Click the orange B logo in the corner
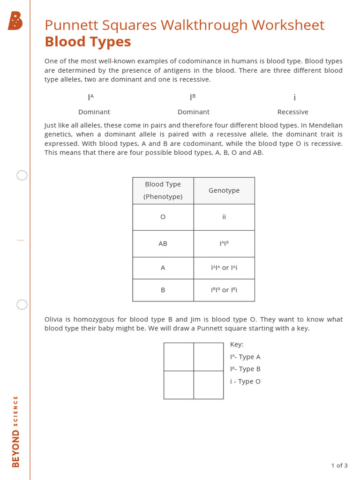pyautogui.click(x=15, y=22)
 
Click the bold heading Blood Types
pyautogui.click(x=88, y=42)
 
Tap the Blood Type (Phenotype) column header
pyautogui.click(x=163, y=190)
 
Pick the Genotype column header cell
pyautogui.click(x=224, y=190)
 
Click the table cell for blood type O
pyautogui.click(x=163, y=217)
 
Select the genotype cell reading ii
pyautogui.click(x=224, y=217)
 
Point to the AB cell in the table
pyautogui.click(x=163, y=244)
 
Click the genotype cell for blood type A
pyautogui.click(x=224, y=268)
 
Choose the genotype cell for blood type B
pyautogui.click(x=224, y=290)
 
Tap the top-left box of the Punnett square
pyautogui.click(x=179, y=357)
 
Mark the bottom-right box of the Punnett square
pyautogui.click(x=209, y=385)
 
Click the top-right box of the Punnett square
pyautogui.click(x=209, y=357)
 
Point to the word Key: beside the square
pyautogui.click(x=237, y=345)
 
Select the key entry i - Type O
pyautogui.click(x=245, y=382)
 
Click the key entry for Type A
pyautogui.click(x=245, y=357)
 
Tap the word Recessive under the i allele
pyautogui.click(x=293, y=112)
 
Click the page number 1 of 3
pyautogui.click(x=339, y=465)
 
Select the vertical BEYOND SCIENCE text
pyautogui.click(x=16, y=431)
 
